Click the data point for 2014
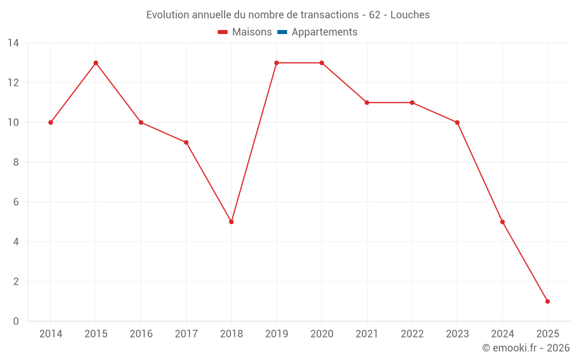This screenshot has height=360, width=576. pyautogui.click(x=51, y=122)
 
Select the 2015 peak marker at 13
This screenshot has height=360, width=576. pyautogui.click(x=96, y=63)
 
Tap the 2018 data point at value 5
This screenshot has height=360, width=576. pyautogui.click(x=232, y=222)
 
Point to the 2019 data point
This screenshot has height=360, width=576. pyautogui.click(x=276, y=63)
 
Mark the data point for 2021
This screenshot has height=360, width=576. pyautogui.click(x=367, y=103)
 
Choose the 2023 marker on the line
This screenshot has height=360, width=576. pyautogui.click(x=457, y=122)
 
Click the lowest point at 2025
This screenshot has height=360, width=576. pyautogui.click(x=547, y=301)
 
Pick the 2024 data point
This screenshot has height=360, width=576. pyautogui.click(x=502, y=222)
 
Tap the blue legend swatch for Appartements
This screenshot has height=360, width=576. pyautogui.click(x=282, y=32)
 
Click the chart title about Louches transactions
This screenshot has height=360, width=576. pyautogui.click(x=288, y=15)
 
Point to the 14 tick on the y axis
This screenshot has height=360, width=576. pyautogui.click(x=13, y=43)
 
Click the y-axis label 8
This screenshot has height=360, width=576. pyautogui.click(x=16, y=162)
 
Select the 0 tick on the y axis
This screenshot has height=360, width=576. pyautogui.click(x=16, y=321)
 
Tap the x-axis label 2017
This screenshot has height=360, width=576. pyautogui.click(x=186, y=334)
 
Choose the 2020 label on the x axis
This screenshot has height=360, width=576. pyautogui.click(x=321, y=334)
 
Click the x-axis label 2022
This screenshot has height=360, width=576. pyautogui.click(x=412, y=334)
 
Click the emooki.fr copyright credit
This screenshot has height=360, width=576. pyautogui.click(x=526, y=348)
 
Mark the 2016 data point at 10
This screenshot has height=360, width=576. pyautogui.click(x=141, y=122)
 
